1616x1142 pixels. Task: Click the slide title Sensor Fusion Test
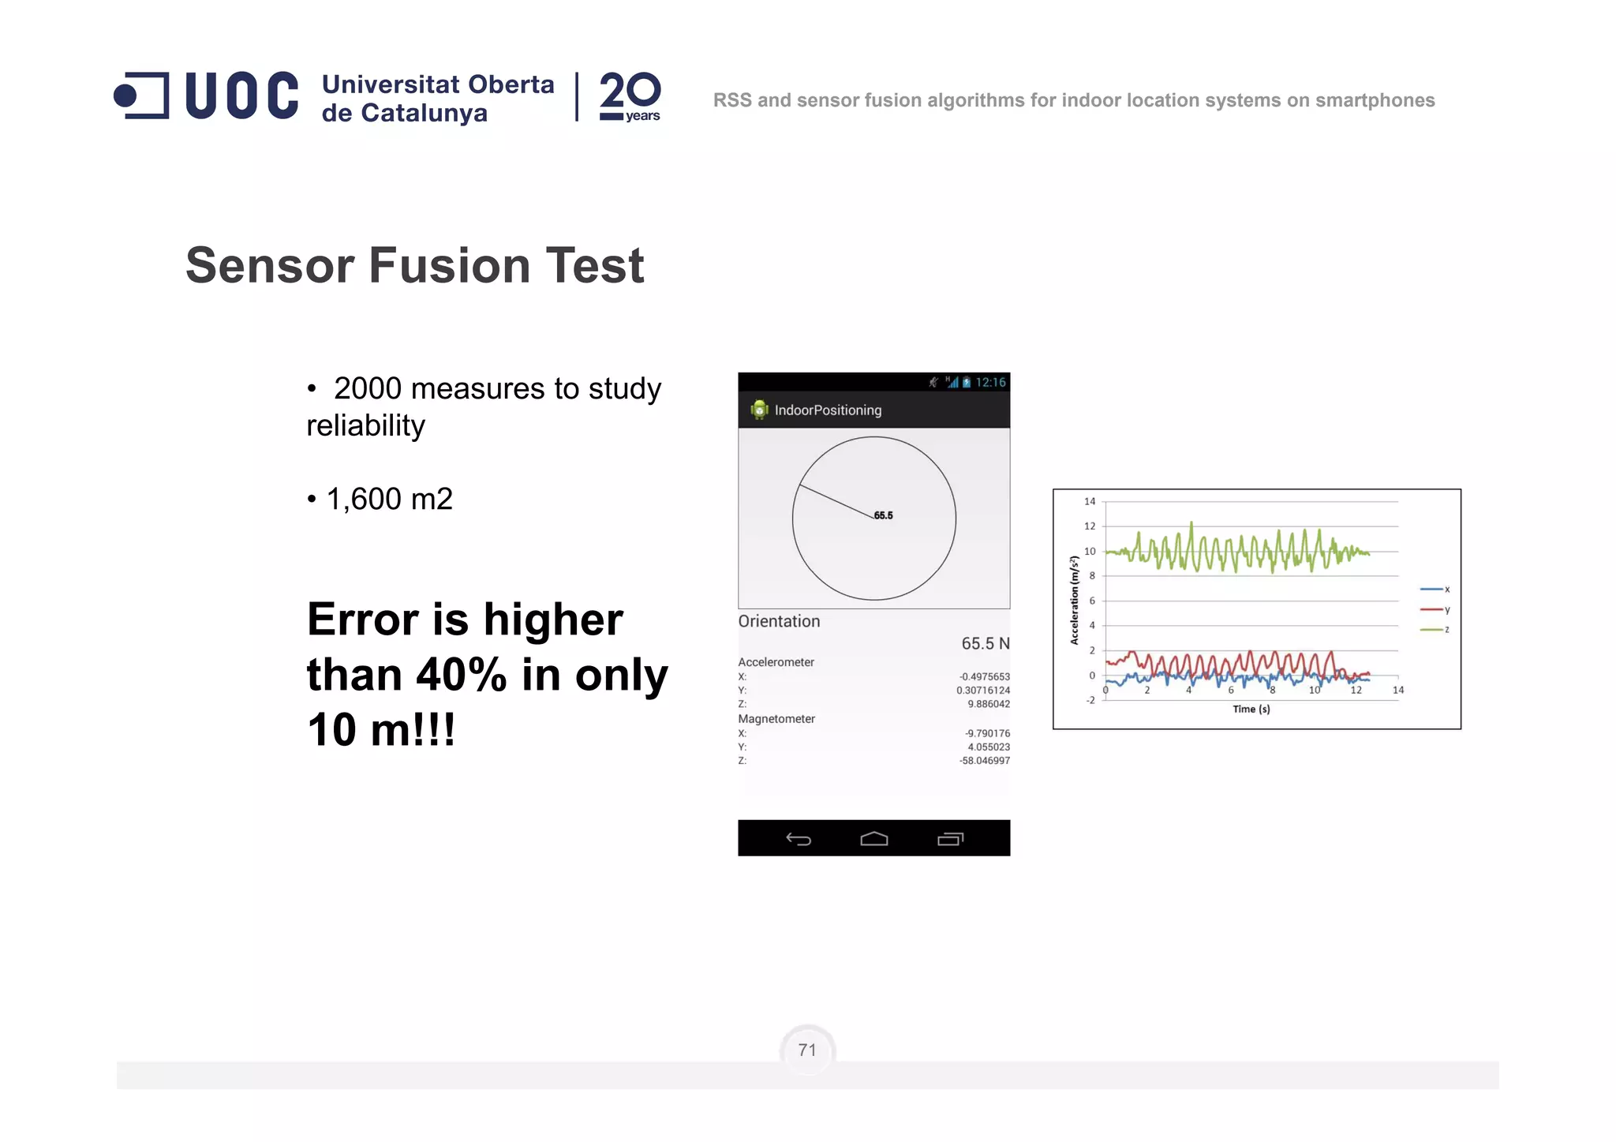[x=414, y=265]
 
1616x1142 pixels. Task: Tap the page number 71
[x=806, y=1050]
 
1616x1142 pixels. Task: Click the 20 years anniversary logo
[x=630, y=96]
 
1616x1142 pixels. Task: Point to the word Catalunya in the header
[x=425, y=114]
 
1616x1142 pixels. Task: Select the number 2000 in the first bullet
[x=367, y=388]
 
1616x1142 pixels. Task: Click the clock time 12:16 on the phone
[x=990, y=383]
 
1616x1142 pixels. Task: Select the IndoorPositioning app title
[x=828, y=410]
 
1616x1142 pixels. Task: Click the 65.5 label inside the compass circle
[x=883, y=515]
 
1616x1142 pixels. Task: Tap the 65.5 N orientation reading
[x=985, y=643]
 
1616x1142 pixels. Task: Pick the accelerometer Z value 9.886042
[x=988, y=704]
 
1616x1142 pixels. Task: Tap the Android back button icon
[x=799, y=839]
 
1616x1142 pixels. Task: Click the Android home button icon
[x=873, y=839]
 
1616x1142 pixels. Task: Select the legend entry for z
[x=1436, y=630]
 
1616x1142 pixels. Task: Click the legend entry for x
[x=1436, y=590]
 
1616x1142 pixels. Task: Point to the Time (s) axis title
[x=1251, y=709]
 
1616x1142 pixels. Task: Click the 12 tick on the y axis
[x=1090, y=526]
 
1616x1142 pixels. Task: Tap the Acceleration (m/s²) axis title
[x=1074, y=600]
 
